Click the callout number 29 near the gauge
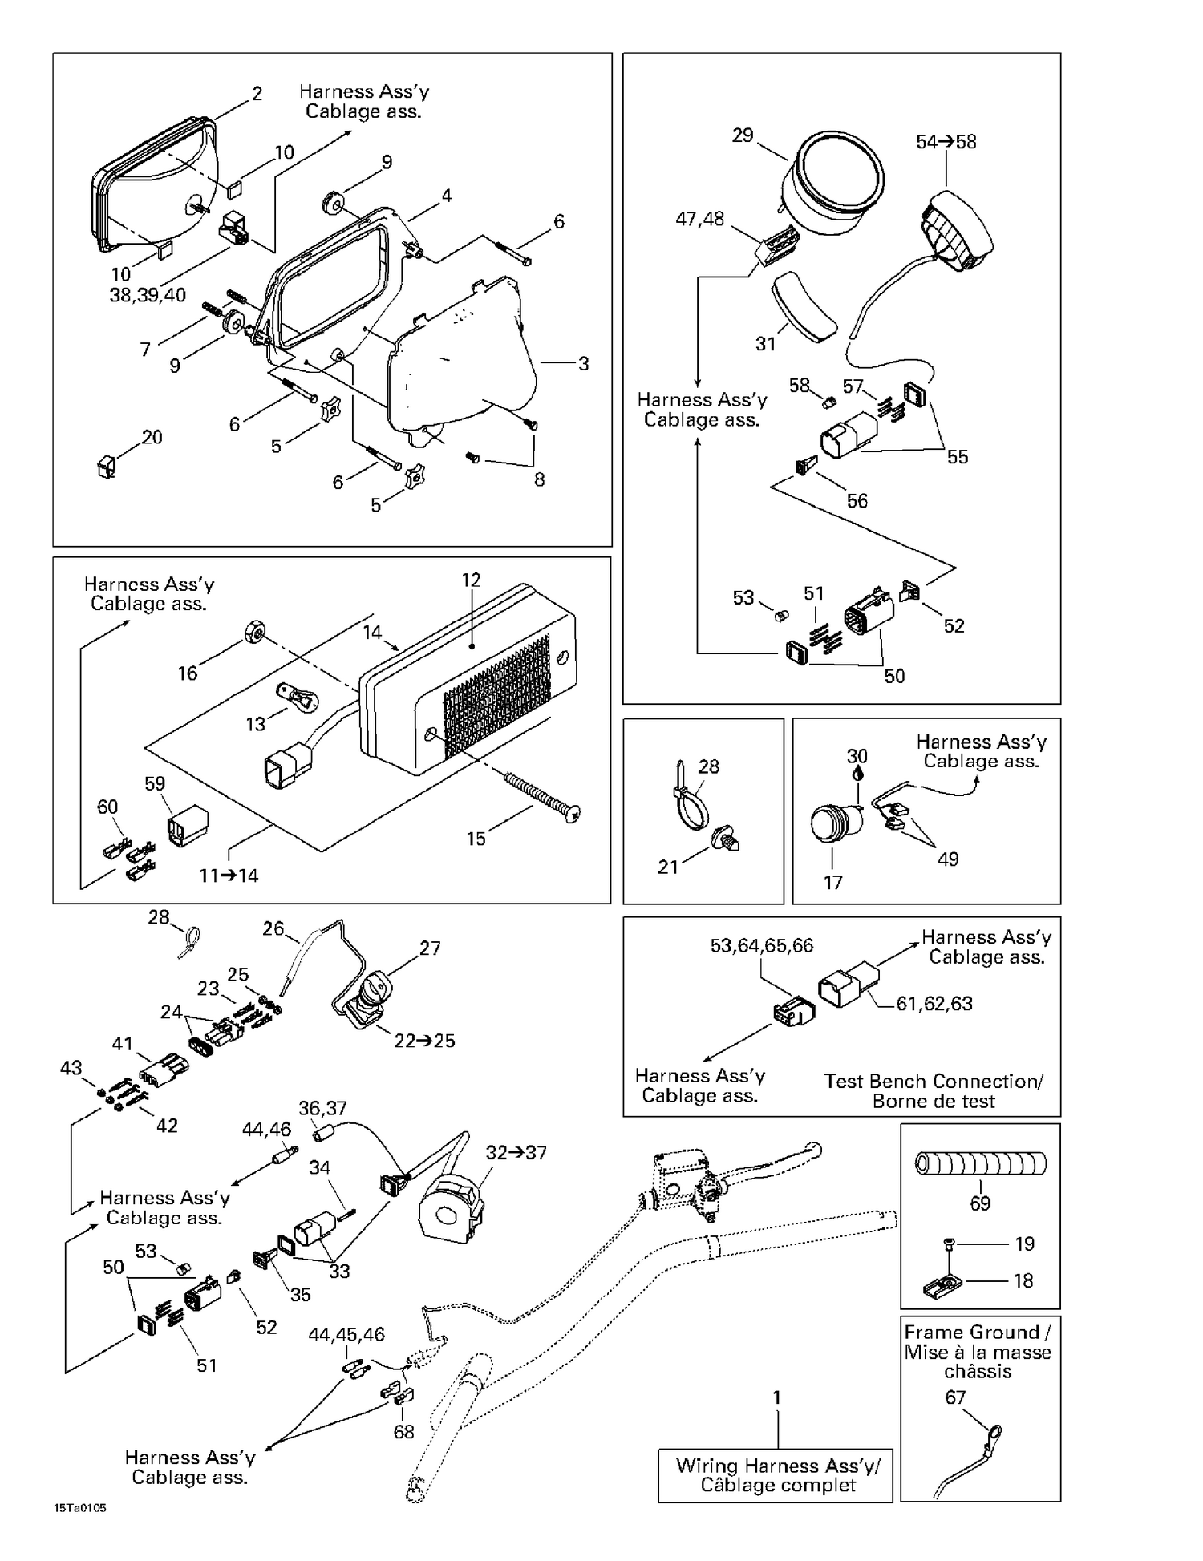(x=743, y=135)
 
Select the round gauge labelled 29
(x=834, y=186)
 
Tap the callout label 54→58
(x=946, y=142)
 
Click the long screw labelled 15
(x=542, y=795)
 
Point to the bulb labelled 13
(x=297, y=695)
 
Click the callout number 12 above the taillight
(x=471, y=580)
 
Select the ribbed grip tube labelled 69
(x=981, y=1163)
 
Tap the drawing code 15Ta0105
(x=79, y=1508)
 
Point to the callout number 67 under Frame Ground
(x=955, y=1397)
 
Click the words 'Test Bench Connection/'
(x=934, y=1081)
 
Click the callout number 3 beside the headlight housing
(x=583, y=363)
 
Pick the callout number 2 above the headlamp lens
(x=257, y=93)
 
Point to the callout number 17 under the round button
(x=833, y=883)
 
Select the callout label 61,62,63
(x=934, y=1004)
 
